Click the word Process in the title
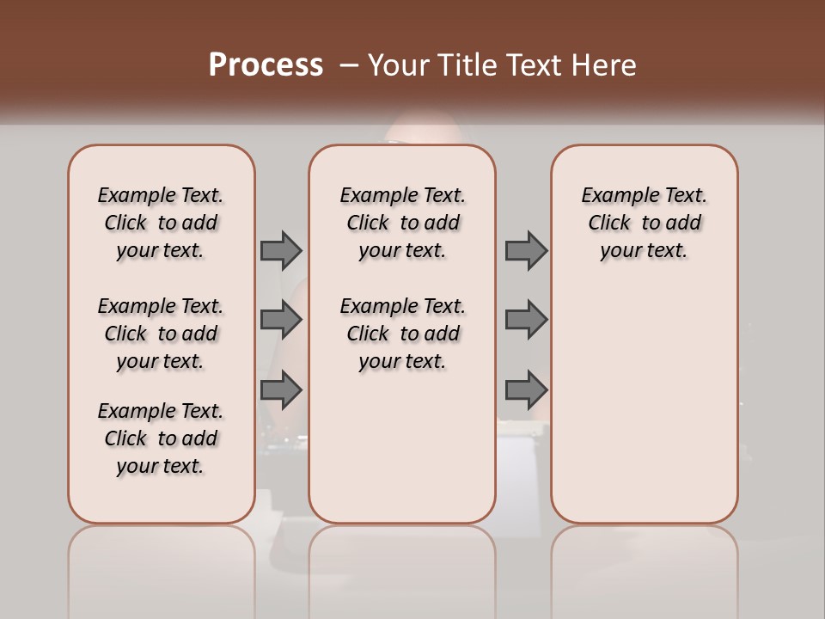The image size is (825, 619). pyautogui.click(x=266, y=65)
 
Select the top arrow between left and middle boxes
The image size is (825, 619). pyautogui.click(x=281, y=250)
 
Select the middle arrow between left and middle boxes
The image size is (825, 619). pyautogui.click(x=281, y=320)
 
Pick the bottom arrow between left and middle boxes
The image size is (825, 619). pyautogui.click(x=281, y=390)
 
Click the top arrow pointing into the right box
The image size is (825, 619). pyautogui.click(x=526, y=250)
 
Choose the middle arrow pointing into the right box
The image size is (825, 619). pyautogui.click(x=526, y=320)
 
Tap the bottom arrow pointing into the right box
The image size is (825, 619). pyautogui.click(x=526, y=390)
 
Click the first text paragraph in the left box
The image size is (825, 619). pyautogui.click(x=161, y=223)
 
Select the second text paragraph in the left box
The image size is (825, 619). pyautogui.click(x=161, y=334)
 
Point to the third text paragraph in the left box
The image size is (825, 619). pyautogui.click(x=161, y=438)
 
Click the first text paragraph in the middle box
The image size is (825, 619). pyautogui.click(x=402, y=223)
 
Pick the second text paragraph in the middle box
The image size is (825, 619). pyautogui.click(x=402, y=334)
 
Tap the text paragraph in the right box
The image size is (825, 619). pyautogui.click(x=644, y=223)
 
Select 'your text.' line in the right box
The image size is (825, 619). pyautogui.click(x=644, y=251)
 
